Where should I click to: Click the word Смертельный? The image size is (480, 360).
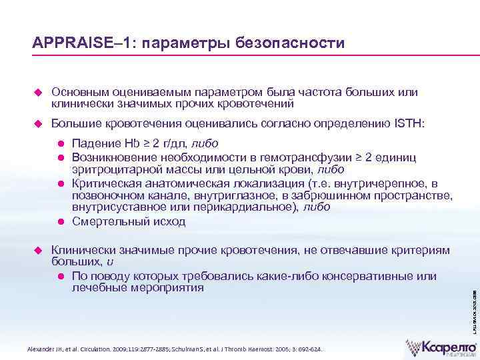click(x=108, y=221)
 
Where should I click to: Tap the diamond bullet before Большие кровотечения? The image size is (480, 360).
click(x=37, y=123)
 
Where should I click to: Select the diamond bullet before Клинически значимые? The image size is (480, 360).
click(x=37, y=250)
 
